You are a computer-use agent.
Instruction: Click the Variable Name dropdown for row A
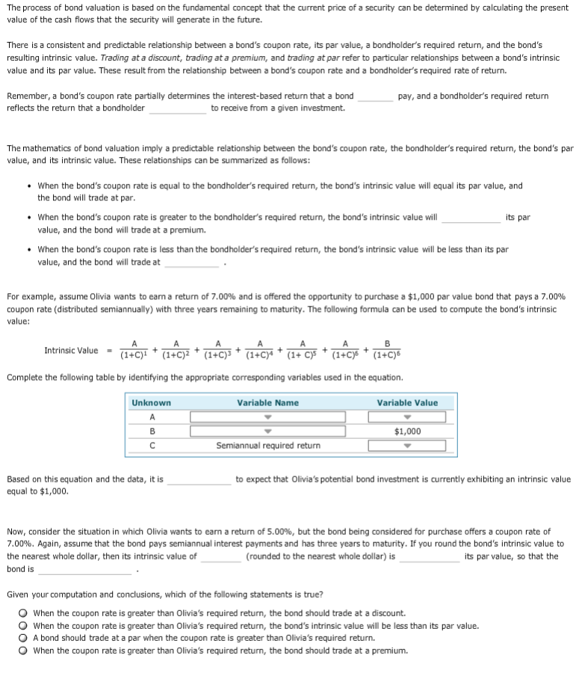click(267, 417)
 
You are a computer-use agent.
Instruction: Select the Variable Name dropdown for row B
click(267, 431)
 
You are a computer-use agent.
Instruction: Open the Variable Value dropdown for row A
click(407, 417)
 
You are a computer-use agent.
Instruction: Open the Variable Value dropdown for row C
click(407, 446)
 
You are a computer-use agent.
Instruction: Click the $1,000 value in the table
click(407, 431)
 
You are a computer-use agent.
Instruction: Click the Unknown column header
click(152, 403)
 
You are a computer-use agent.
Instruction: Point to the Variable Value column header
click(407, 403)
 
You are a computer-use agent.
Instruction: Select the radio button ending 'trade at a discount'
click(24, 612)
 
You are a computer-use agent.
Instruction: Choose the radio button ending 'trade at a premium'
click(24, 651)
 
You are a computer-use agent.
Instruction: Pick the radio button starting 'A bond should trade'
click(24, 638)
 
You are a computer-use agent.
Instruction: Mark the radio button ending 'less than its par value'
click(24, 625)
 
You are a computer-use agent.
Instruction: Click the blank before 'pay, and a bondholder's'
click(375, 97)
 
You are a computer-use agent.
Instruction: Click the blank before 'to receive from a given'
click(178, 109)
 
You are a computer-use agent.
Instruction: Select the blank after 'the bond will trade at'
click(192, 263)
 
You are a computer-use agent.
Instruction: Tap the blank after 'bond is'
click(85, 571)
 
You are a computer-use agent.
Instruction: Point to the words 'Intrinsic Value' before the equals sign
click(71, 351)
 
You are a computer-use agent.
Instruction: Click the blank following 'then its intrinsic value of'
click(220, 558)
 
